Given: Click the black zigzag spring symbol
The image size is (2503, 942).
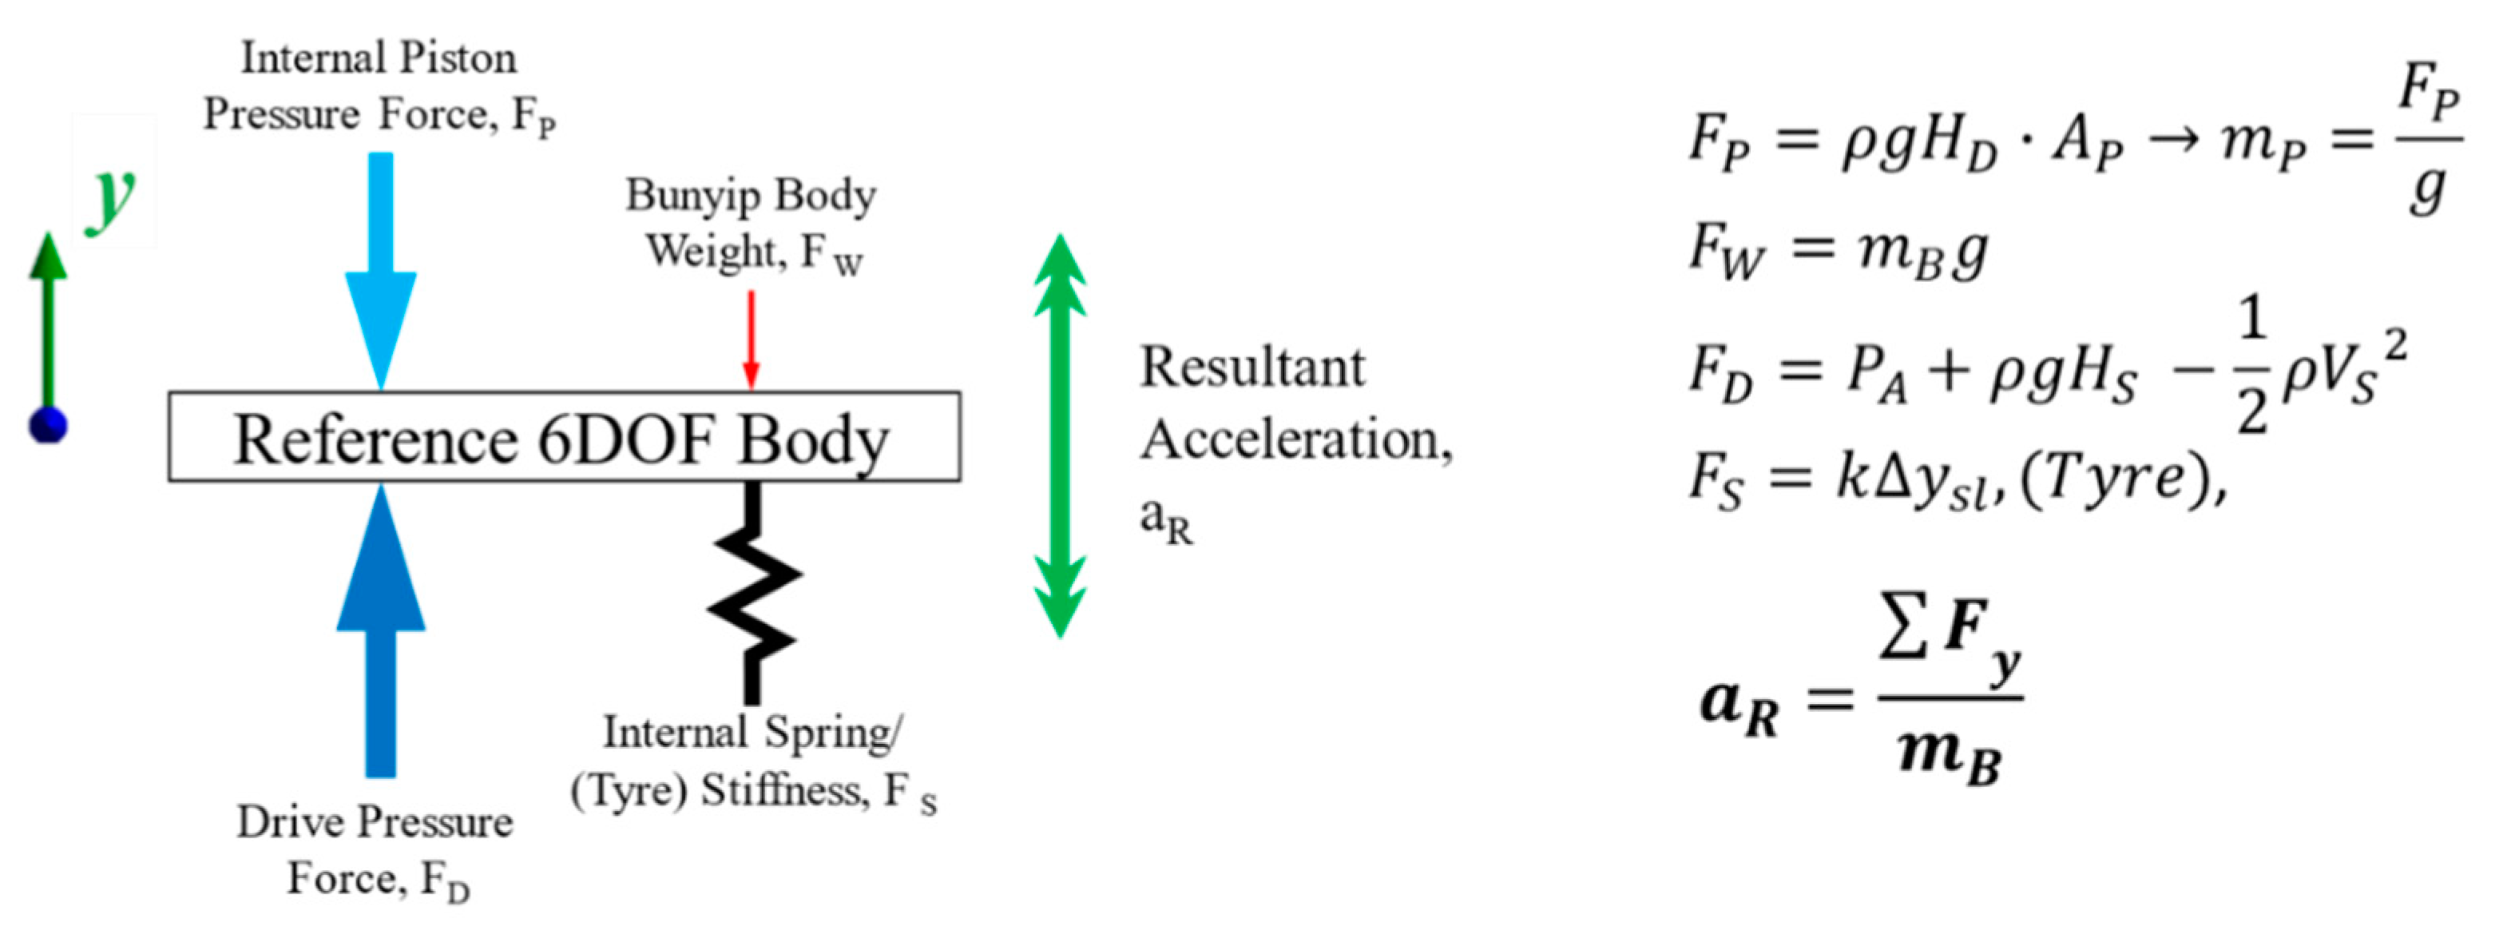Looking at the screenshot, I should (753, 593).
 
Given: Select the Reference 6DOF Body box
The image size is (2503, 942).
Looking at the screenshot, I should (564, 438).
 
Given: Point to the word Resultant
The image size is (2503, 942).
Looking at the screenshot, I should (1252, 368).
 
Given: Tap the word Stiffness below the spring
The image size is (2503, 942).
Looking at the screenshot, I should (782, 790).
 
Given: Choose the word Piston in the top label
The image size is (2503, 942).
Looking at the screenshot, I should (458, 58).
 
